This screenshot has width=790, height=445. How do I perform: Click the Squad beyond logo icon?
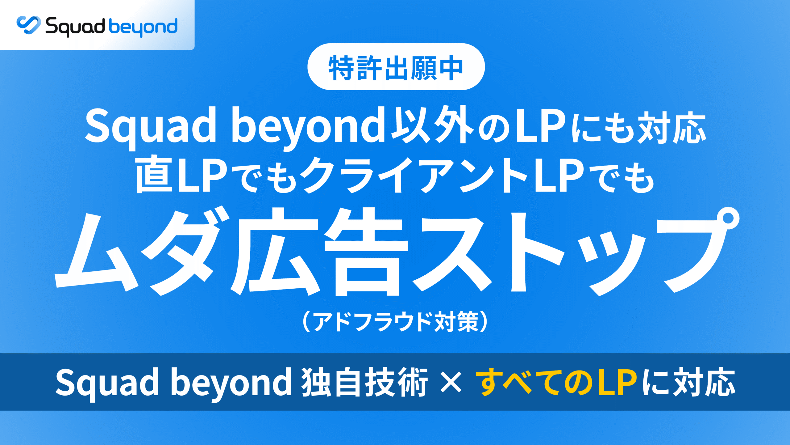(28, 25)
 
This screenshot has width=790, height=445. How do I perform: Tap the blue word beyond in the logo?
(143, 27)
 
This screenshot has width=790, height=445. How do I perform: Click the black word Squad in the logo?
(75, 27)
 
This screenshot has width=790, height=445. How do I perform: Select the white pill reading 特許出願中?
(396, 66)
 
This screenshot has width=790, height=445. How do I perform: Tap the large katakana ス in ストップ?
(452, 253)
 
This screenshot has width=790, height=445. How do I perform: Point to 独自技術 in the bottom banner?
(364, 382)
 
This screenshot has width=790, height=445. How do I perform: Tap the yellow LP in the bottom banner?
(617, 382)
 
